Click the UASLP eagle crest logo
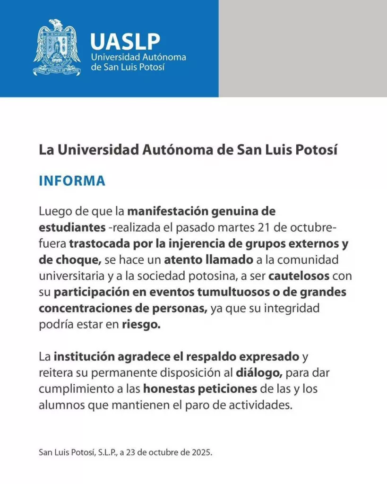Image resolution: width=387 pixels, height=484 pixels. [57, 47]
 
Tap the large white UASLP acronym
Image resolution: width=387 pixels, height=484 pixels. [125, 41]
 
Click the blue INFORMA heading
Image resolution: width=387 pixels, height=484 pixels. [72, 181]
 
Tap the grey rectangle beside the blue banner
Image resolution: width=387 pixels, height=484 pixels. [302, 48]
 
